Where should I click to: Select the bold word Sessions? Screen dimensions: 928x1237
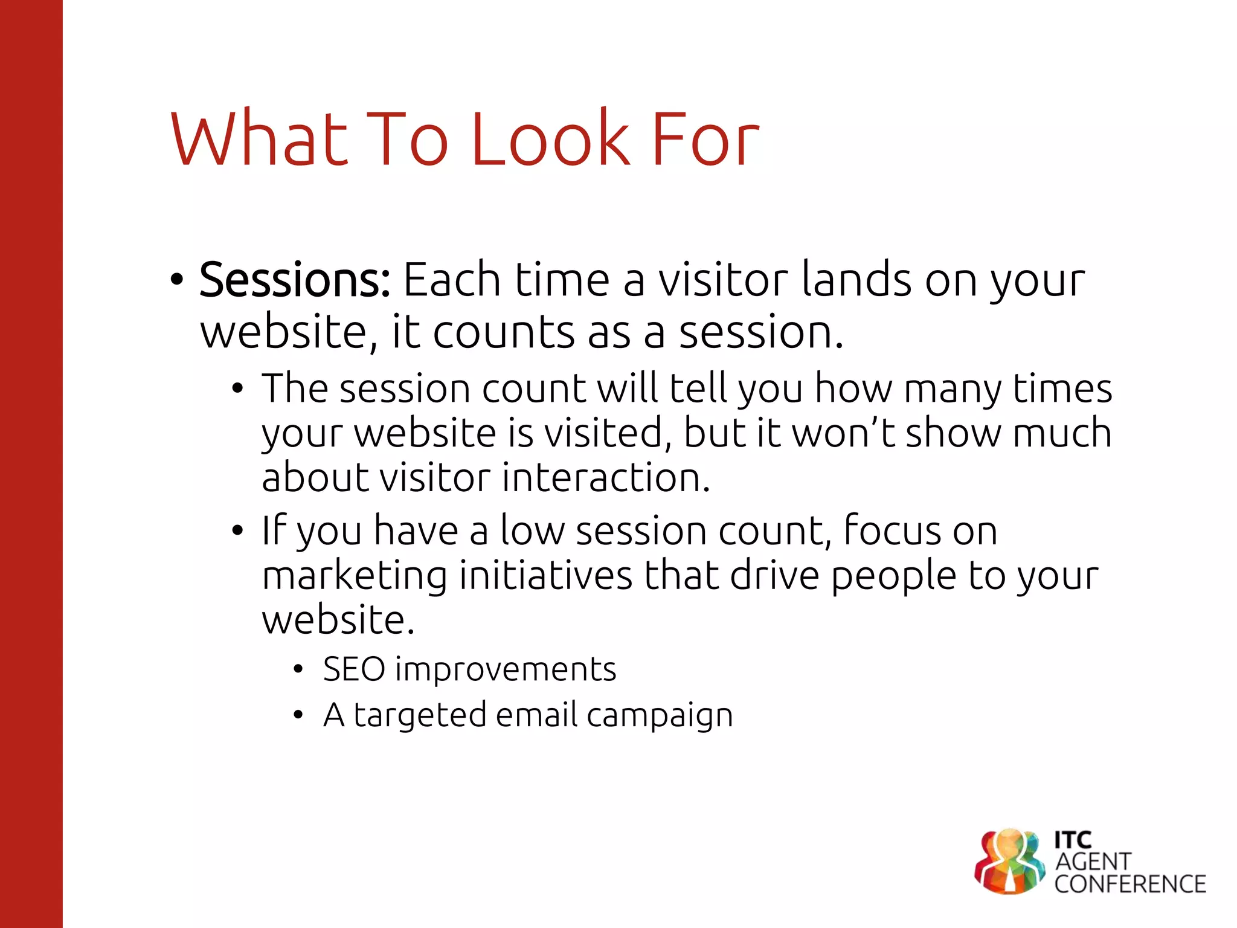(x=295, y=280)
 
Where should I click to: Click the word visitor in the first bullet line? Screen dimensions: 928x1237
(x=722, y=280)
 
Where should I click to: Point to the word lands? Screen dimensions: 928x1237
(x=855, y=280)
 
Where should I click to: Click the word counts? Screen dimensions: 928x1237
(x=504, y=333)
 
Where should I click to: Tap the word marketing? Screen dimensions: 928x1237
(x=355, y=575)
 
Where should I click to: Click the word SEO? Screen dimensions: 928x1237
(x=354, y=669)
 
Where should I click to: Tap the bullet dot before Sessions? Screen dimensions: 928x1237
(x=176, y=280)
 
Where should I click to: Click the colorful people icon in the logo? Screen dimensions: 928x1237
(x=1009, y=861)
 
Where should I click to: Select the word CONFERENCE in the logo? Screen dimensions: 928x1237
(x=1129, y=884)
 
